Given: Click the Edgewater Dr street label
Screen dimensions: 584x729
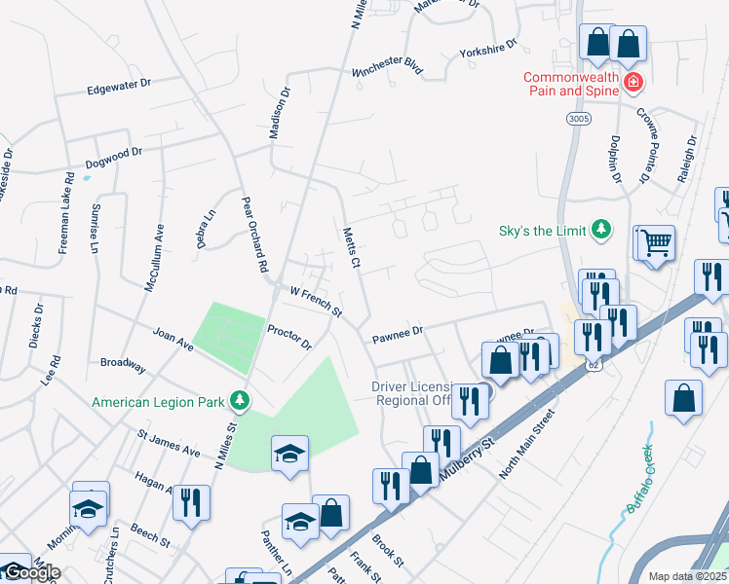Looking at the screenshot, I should (x=118, y=85).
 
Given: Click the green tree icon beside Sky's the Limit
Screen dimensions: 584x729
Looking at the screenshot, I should (x=602, y=230).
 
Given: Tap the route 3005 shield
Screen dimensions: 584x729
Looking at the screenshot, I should (x=576, y=117).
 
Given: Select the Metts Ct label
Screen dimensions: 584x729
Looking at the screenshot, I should (x=352, y=248).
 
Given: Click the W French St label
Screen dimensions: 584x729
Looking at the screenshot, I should (x=316, y=302).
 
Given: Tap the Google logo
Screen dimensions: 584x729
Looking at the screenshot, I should (x=31, y=573).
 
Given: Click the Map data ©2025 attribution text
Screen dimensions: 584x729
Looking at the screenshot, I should (x=687, y=576).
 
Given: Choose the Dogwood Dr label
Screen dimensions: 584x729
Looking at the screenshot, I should (x=113, y=158).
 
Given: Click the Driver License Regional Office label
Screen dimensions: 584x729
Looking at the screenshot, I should (x=419, y=394).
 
